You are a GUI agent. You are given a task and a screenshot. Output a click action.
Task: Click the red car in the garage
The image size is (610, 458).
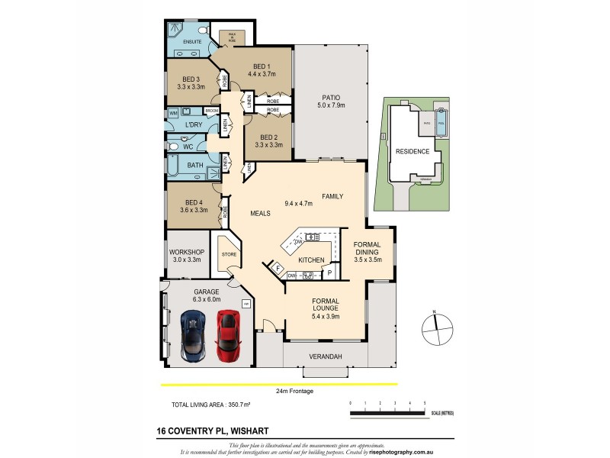[x=228, y=335]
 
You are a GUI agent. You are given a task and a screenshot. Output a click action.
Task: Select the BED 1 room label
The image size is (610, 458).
[x=262, y=70]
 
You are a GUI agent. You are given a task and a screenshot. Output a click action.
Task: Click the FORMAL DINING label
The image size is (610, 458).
[x=372, y=251]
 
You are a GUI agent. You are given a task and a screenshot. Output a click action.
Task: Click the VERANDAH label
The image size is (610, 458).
[x=325, y=356]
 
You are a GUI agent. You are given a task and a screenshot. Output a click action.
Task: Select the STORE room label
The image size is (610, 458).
[x=228, y=254]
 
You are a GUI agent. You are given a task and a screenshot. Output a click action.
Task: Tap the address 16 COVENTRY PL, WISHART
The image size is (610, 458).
[x=208, y=431]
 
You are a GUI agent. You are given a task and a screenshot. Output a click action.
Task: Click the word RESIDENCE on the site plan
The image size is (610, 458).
[x=412, y=151]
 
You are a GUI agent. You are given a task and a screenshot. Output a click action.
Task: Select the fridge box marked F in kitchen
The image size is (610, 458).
[x=278, y=268]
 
